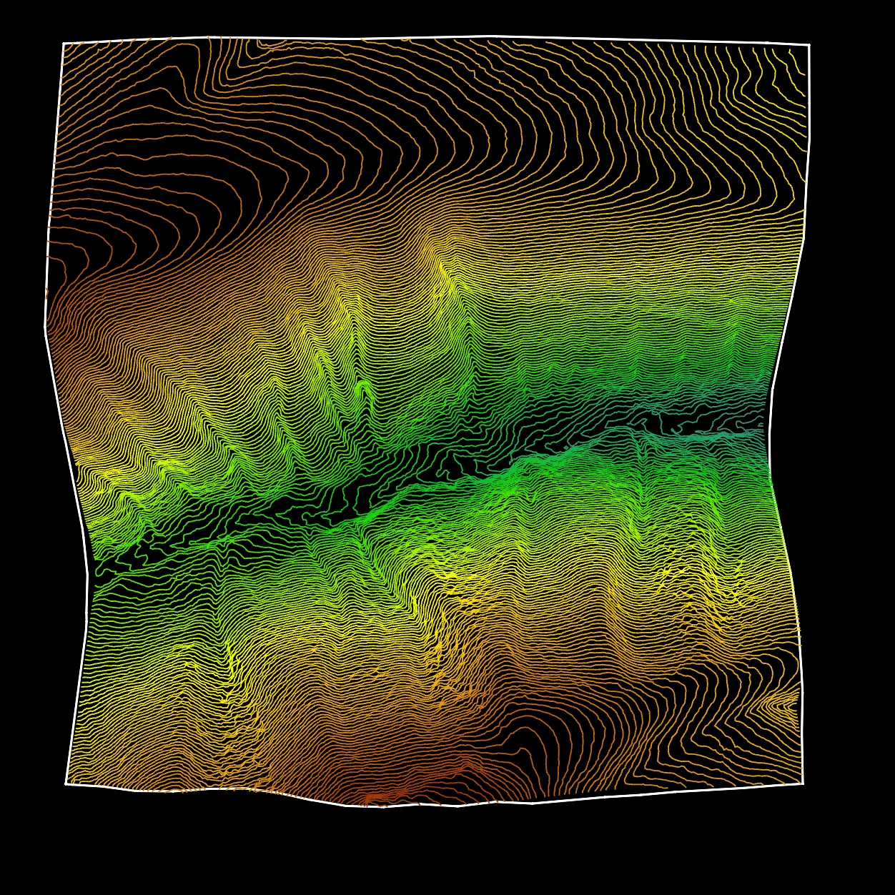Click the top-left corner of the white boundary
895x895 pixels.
(x=63, y=44)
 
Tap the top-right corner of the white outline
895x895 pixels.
(x=809, y=44)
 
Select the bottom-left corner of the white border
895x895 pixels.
(x=66, y=783)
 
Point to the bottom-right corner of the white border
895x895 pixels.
(x=803, y=783)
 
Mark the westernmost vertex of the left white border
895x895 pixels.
(x=46, y=327)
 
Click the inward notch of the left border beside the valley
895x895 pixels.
(x=88, y=574)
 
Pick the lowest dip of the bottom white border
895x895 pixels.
(x=382, y=807)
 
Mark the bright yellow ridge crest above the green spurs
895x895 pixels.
(x=443, y=272)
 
